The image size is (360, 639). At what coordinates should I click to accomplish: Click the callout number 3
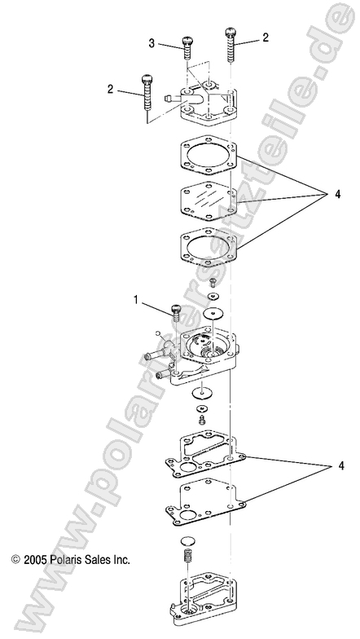pos(152,42)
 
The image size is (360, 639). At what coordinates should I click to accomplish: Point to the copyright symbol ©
pos(15,561)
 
